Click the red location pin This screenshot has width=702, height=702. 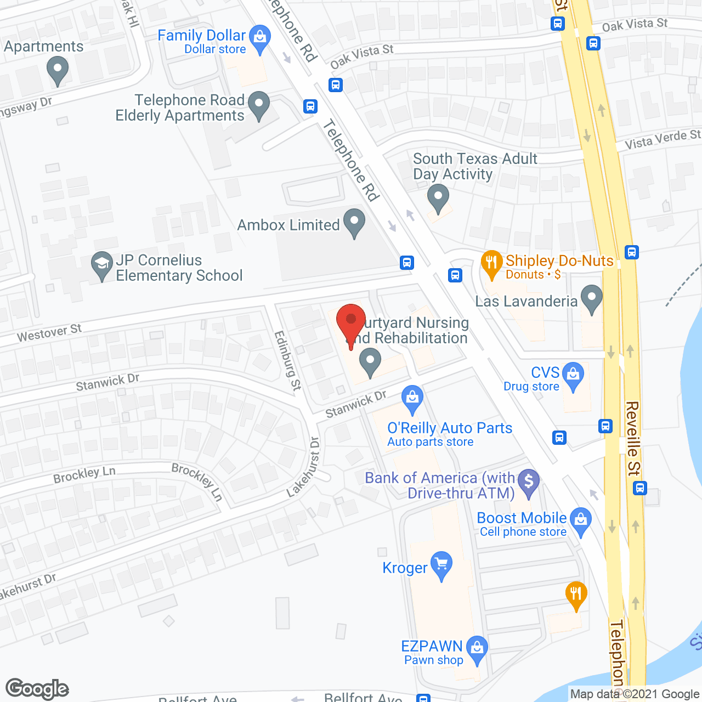coord(351,321)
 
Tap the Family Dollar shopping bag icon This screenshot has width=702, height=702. coord(260,37)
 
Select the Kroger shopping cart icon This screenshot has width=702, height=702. coord(441,564)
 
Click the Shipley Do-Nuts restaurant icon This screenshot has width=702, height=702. coord(491,263)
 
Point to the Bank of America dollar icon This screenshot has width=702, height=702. coord(529,482)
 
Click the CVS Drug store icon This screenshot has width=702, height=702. coord(573,375)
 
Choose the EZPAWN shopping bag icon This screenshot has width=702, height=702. coord(477,648)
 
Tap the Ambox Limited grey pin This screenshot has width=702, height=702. coord(354,222)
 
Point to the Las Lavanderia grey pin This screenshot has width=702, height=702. coord(591,298)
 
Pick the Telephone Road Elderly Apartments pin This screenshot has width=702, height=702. coord(259,104)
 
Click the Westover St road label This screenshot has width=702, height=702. coord(49,332)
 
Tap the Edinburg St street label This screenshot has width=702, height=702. coord(287,360)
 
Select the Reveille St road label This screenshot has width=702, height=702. coord(632,439)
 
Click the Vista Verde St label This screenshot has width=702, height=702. coord(663,139)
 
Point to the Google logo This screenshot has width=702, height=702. coord(37,689)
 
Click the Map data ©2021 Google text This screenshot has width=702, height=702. coord(635,694)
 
